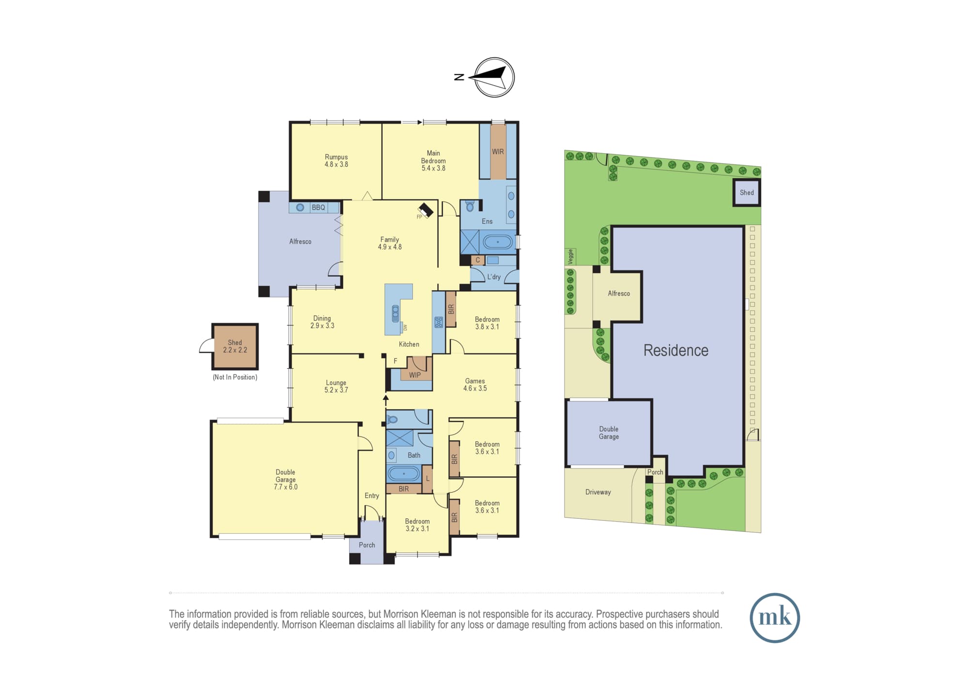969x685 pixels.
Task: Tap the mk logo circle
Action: coord(775,618)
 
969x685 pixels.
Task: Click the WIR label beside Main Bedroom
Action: coord(498,152)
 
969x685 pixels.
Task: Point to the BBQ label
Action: coord(318,207)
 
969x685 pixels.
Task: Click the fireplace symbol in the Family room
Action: coord(425,210)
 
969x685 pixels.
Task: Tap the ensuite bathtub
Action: coord(498,242)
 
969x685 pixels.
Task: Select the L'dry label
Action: coord(494,277)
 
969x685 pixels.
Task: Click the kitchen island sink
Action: coord(395,313)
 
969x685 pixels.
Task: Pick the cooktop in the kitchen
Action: coord(438,322)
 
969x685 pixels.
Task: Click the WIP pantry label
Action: coord(415,375)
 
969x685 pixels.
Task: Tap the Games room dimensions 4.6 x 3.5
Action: coord(475,388)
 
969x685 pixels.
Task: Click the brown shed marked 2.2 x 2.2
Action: coord(235,346)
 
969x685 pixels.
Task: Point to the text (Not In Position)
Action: coord(235,377)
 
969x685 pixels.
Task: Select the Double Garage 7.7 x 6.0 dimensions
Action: coord(285,487)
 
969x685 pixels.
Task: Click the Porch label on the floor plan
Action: coord(367,545)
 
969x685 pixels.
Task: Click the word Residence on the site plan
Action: coord(676,350)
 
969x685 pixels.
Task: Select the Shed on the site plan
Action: coord(747,192)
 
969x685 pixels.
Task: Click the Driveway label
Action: coord(598,492)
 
